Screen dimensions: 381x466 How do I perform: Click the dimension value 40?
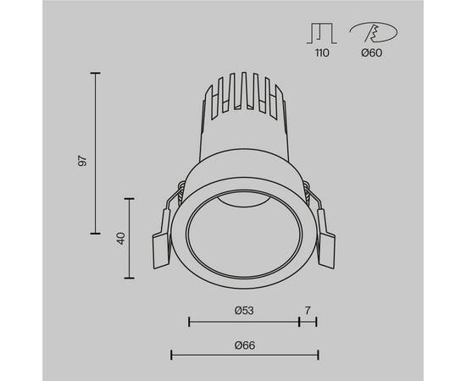click(121, 238)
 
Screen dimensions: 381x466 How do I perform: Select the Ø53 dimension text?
click(245, 311)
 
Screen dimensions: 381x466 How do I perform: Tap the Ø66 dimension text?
click(246, 344)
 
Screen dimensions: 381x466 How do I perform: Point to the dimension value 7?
click(308, 311)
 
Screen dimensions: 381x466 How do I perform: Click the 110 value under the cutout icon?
click(322, 52)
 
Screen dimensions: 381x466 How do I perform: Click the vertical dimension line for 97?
click(96, 153)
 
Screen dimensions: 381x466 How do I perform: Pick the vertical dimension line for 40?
click(130, 238)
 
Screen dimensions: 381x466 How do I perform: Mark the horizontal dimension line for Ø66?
click(245, 354)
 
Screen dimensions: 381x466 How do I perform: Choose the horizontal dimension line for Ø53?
click(244, 321)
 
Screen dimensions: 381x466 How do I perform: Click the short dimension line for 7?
click(308, 321)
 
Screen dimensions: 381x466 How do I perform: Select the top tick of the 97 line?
click(96, 74)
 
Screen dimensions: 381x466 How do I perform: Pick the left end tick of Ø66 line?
click(172, 354)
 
